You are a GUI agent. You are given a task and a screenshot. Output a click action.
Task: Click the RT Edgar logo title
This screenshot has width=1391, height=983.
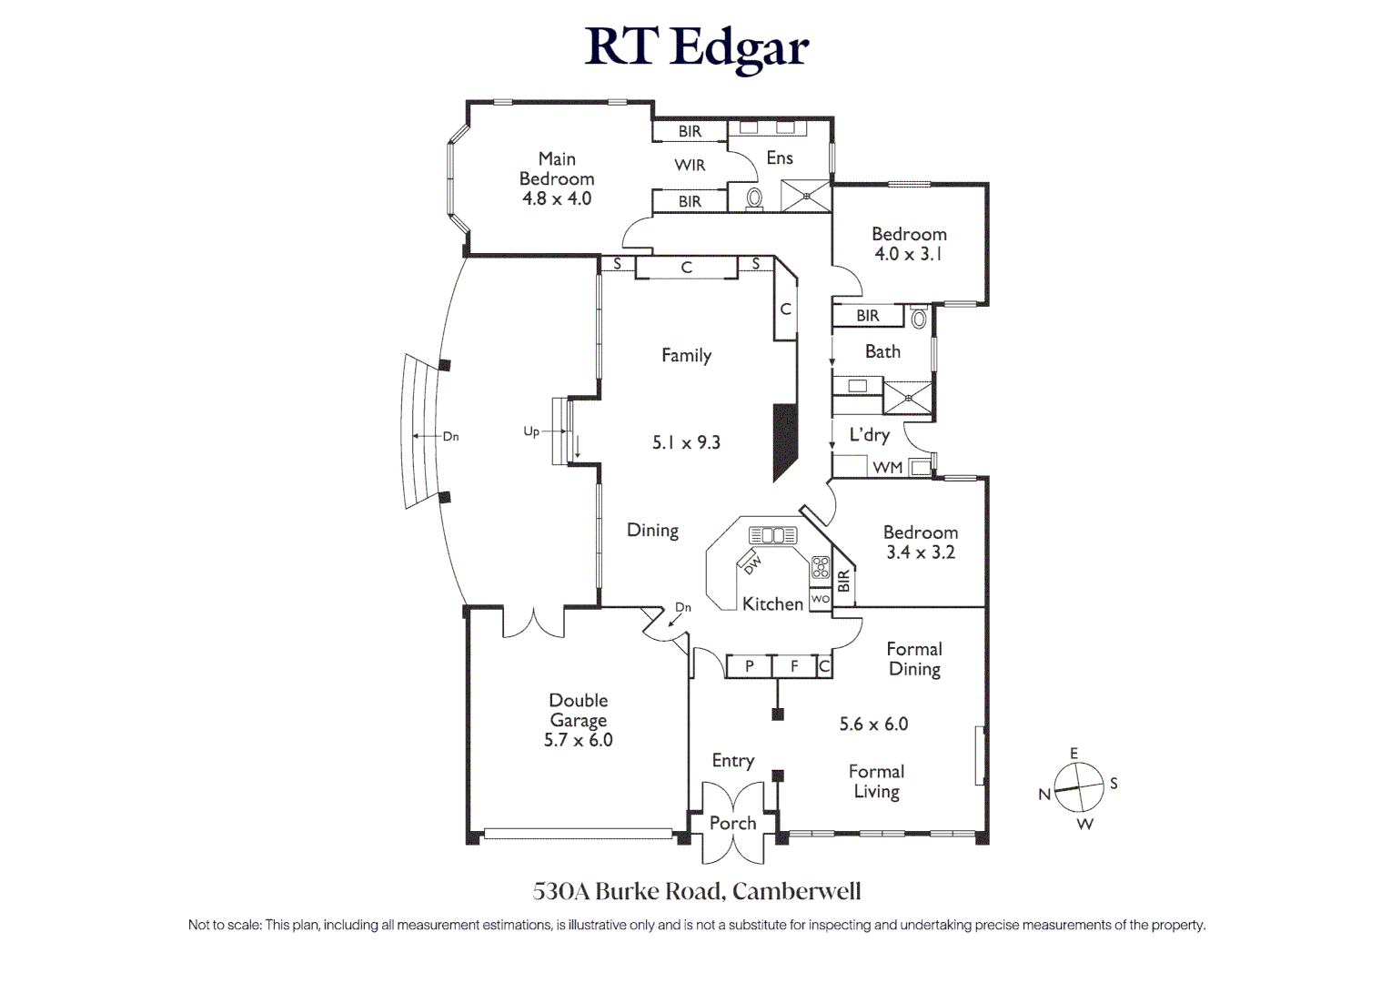(x=696, y=46)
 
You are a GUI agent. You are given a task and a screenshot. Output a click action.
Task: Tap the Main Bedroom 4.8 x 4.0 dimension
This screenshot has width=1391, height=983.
(x=557, y=198)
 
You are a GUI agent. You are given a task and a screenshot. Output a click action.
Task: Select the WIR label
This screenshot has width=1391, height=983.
(x=690, y=165)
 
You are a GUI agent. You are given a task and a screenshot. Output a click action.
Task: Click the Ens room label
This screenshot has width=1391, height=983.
(x=780, y=157)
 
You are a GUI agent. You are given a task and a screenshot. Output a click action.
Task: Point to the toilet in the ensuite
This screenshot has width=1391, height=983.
(x=753, y=198)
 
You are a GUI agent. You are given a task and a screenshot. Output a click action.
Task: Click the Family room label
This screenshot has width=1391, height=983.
(x=686, y=355)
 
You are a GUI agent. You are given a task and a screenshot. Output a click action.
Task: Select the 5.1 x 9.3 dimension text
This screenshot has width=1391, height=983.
(x=686, y=442)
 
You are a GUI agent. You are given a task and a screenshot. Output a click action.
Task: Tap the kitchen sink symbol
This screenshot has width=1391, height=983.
(x=772, y=534)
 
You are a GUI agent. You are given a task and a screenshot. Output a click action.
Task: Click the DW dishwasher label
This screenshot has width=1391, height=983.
(x=752, y=564)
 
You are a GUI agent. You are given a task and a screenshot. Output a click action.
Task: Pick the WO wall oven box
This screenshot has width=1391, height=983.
(x=820, y=599)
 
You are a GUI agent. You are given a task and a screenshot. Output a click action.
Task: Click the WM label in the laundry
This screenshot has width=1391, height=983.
(x=887, y=468)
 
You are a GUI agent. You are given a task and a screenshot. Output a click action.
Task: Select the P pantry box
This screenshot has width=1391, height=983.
(x=749, y=666)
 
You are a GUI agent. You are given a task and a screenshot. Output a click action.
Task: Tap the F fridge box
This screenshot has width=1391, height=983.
(x=794, y=666)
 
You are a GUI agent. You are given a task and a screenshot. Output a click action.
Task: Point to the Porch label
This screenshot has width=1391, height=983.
(x=732, y=823)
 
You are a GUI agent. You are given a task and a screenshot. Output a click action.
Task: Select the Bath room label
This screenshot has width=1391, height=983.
(x=882, y=351)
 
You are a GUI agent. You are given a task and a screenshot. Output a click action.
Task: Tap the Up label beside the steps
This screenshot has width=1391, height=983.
(x=531, y=431)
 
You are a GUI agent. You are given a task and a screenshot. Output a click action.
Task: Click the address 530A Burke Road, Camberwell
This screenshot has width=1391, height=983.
(x=697, y=891)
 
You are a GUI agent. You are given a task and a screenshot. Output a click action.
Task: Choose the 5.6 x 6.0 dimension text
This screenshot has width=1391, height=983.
(x=873, y=724)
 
